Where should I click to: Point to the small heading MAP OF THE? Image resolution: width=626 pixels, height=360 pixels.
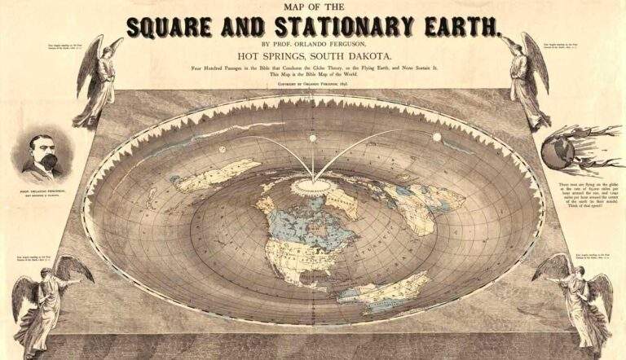[x=314, y=8]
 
